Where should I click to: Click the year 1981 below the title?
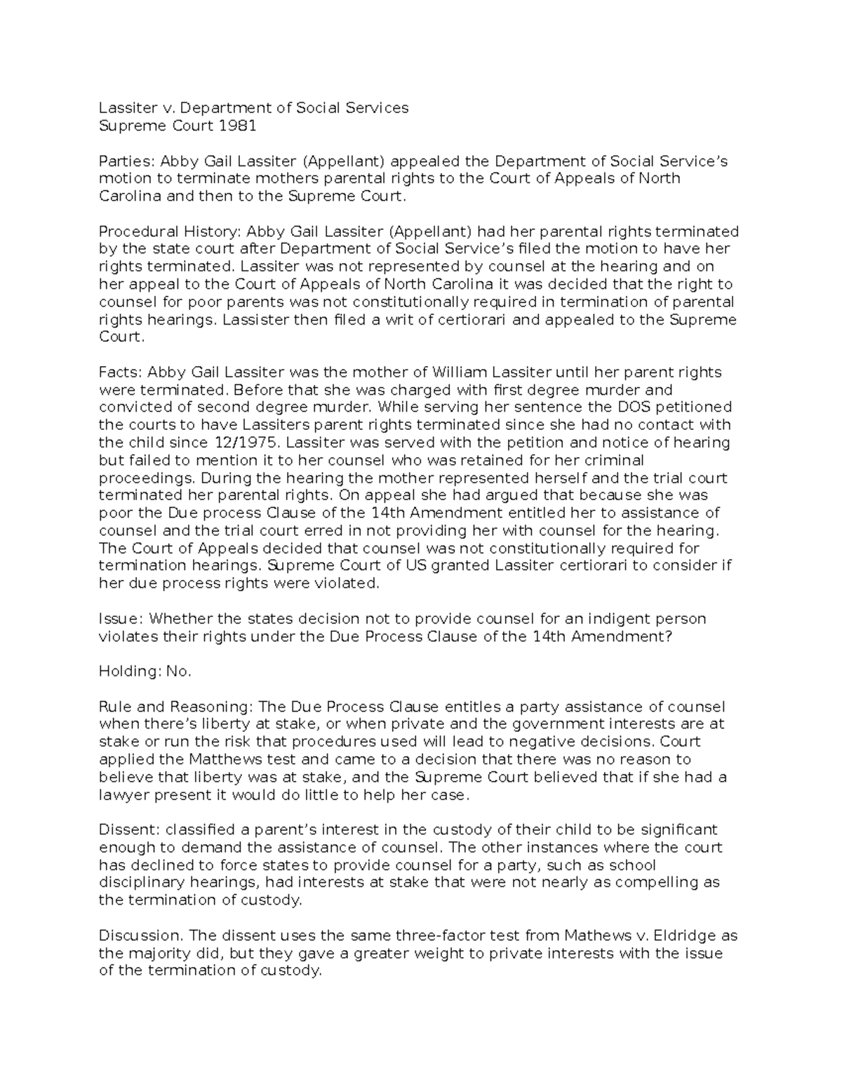(x=237, y=126)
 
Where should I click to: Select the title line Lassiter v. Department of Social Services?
(x=253, y=108)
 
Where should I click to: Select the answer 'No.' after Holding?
(x=179, y=671)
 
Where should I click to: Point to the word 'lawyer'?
(x=124, y=794)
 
